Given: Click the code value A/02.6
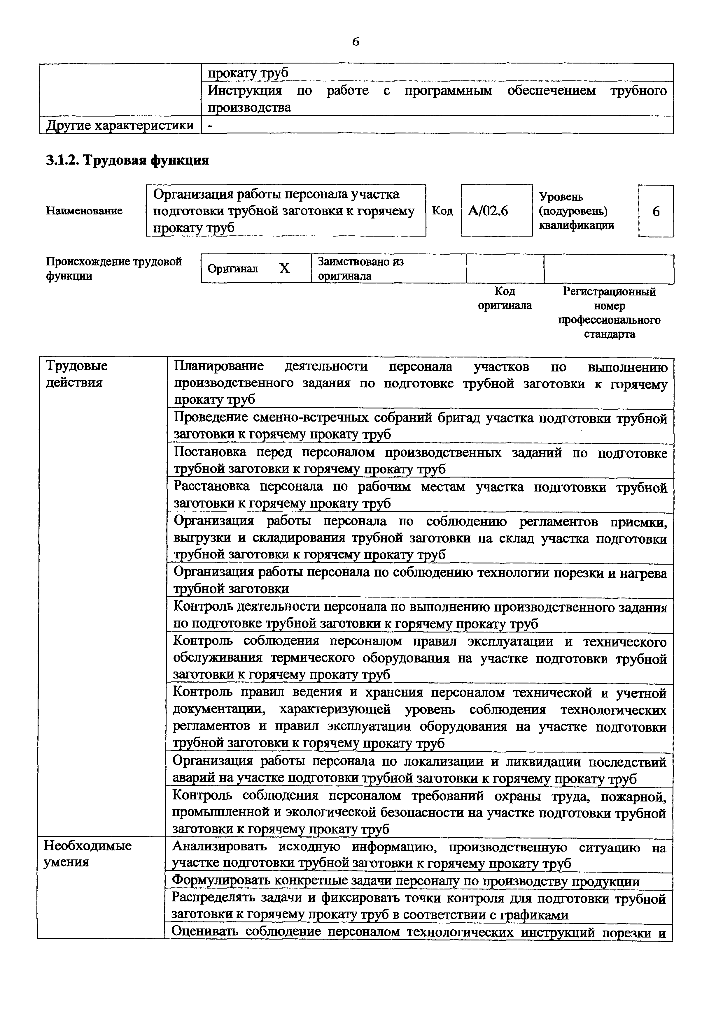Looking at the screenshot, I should point(488,211).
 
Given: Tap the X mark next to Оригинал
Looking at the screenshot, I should point(284,268).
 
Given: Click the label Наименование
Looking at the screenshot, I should point(84,211).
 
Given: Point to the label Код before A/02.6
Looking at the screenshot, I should point(442,211).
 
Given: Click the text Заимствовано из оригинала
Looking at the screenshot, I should point(360,268).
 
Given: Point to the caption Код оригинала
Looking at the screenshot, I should point(505,298).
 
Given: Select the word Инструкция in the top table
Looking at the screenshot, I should point(245,91).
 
